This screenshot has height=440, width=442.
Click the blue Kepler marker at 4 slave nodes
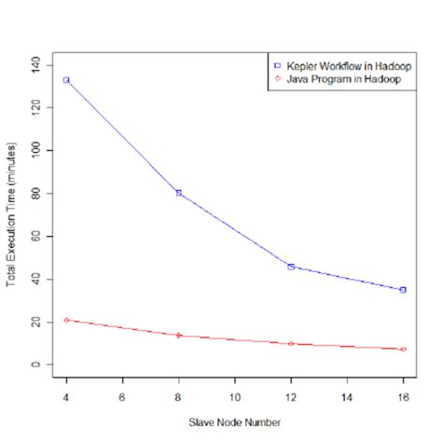coord(66,80)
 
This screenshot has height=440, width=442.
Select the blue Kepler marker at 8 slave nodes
coord(178,193)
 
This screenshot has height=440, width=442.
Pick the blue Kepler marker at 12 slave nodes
coord(291,267)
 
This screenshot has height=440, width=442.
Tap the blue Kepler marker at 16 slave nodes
coord(403,290)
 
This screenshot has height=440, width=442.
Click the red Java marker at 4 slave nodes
coord(66,320)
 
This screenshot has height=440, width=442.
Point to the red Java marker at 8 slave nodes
coord(178,336)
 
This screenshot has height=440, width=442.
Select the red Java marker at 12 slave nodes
coord(291,344)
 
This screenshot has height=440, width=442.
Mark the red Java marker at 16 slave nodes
coord(403,350)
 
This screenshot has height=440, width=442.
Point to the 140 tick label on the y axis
coord(36,64)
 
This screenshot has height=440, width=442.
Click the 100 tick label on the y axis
coord(36,150)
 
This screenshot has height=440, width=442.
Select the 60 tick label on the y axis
coord(36,236)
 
